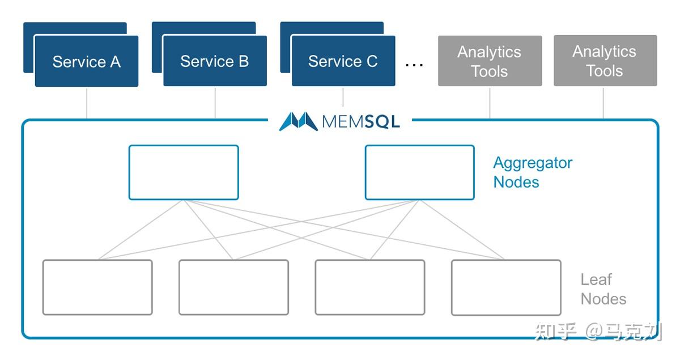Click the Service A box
point(87,61)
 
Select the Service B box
point(215,61)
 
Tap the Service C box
point(343,61)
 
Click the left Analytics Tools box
point(490,61)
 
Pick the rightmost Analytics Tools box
point(605,61)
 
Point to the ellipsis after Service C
point(414,64)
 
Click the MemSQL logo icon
point(298,121)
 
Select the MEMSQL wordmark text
point(361,121)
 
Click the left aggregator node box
point(184,172)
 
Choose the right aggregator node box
point(419,172)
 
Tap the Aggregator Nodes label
point(532,172)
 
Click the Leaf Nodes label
point(603,289)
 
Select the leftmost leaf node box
point(97,287)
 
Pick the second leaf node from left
point(233,287)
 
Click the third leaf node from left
point(369,287)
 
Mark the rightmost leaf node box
point(505,287)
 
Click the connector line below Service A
point(87,103)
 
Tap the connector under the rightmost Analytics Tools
point(603,103)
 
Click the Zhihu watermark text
point(598,331)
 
